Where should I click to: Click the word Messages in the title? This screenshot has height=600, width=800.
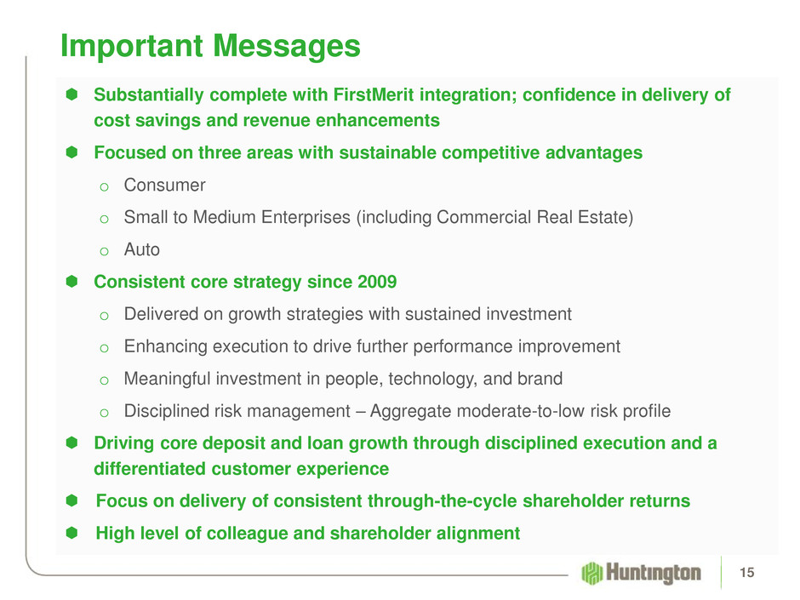click(x=286, y=47)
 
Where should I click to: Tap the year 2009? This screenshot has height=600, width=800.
click(x=377, y=282)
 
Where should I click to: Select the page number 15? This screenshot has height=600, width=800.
click(x=747, y=573)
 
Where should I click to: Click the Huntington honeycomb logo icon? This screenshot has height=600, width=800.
click(x=591, y=573)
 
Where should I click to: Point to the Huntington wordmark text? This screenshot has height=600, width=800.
click(x=654, y=573)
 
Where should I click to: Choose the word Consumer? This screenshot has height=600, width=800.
click(x=165, y=186)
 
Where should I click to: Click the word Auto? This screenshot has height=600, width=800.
click(x=142, y=249)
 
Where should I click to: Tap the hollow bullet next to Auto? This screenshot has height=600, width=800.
click(x=104, y=252)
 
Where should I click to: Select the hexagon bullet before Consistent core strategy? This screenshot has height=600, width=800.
click(x=71, y=281)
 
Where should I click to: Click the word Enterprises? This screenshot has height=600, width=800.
click(x=306, y=217)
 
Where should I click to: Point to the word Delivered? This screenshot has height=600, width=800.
click(x=161, y=314)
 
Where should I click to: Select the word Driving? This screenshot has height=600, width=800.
click(x=124, y=443)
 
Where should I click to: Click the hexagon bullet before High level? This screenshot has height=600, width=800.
click(x=71, y=533)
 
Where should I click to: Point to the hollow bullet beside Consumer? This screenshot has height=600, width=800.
click(x=104, y=187)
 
